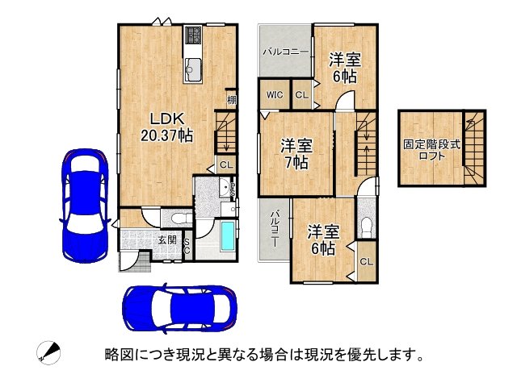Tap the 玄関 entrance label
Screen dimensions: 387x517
[166, 239]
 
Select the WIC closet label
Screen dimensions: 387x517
[274, 95]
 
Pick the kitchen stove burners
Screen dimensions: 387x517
[193, 35]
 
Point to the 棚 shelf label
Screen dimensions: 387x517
[232, 100]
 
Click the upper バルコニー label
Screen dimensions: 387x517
[285, 51]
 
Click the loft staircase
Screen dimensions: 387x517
[473, 150]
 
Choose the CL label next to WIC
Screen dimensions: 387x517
[301, 95]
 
